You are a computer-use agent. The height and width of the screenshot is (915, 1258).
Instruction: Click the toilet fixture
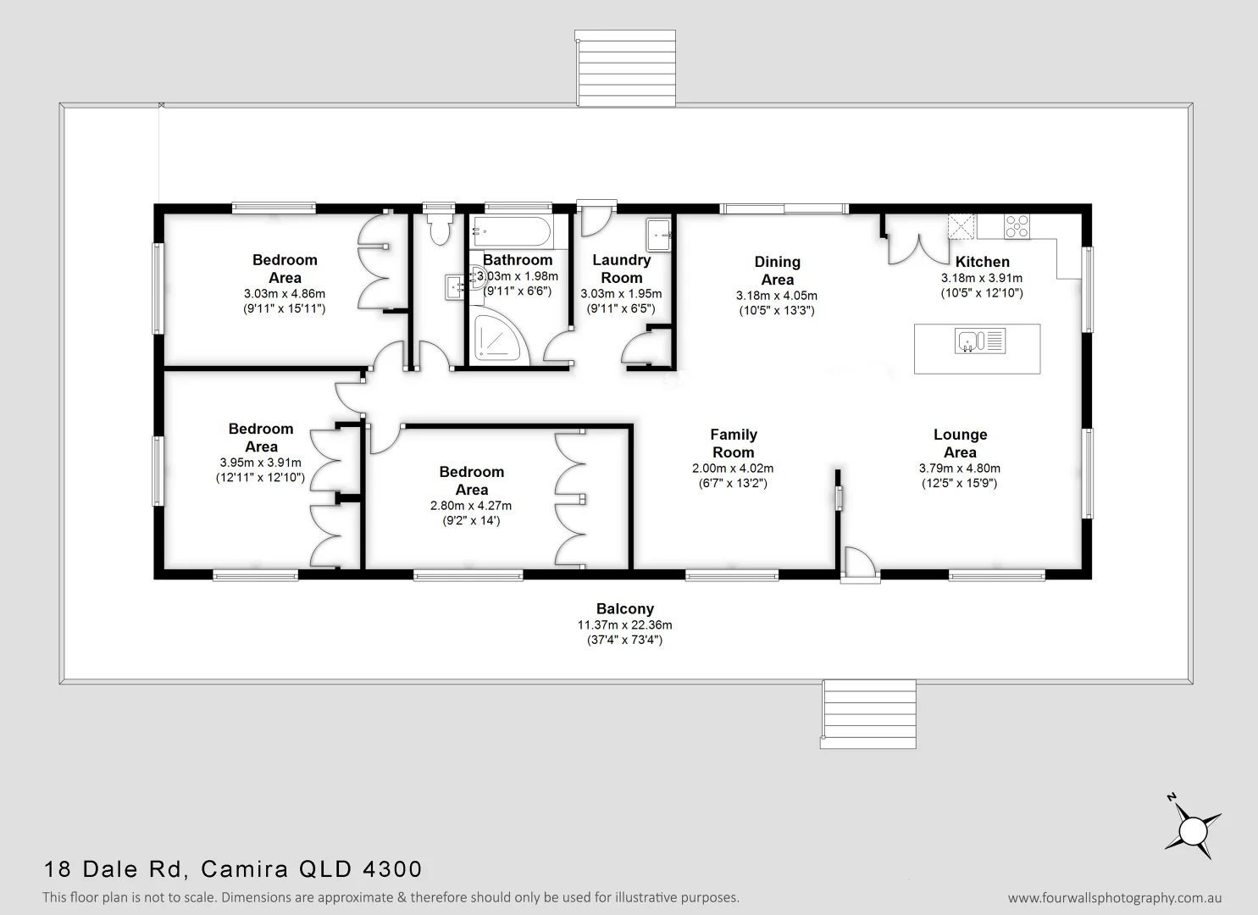438,228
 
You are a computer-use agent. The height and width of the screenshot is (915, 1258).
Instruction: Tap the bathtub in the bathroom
512,230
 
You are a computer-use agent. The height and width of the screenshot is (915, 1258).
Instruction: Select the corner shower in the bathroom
498,341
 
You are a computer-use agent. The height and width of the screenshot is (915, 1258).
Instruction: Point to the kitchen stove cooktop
1017,225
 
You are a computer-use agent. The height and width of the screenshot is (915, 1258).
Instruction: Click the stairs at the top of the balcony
625,69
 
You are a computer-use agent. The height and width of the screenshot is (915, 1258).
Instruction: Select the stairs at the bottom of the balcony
869,713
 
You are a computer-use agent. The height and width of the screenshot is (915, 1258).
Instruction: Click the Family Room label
734,443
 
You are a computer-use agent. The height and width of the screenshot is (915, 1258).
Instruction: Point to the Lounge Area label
960,443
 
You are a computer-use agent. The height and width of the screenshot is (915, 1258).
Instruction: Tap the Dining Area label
777,270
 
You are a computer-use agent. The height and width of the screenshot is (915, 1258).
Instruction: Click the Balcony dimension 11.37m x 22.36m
625,625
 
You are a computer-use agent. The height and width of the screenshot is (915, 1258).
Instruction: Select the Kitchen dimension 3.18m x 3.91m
982,278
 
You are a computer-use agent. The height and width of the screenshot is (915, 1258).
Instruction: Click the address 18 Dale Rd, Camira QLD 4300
233,869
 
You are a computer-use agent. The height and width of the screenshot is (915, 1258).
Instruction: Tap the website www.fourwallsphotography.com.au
1115,898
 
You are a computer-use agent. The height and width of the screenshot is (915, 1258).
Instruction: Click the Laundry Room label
621,269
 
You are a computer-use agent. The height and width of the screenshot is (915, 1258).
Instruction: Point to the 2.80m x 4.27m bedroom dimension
471,506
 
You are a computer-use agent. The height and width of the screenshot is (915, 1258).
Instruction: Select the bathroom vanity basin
455,286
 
